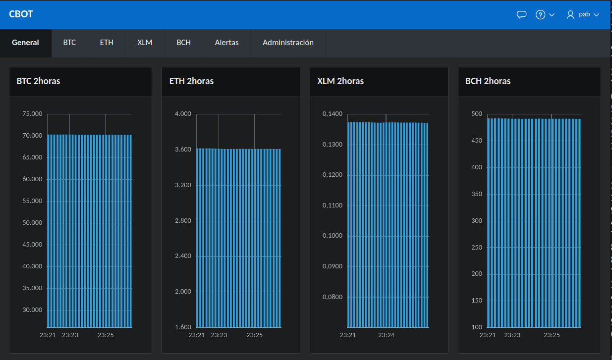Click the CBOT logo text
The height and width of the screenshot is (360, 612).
coord(21,14)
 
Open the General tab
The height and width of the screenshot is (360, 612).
coord(25,43)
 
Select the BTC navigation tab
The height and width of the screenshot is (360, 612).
coord(69,43)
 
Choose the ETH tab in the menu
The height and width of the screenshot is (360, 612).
coord(107,43)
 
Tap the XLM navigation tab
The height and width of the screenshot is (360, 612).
coord(145,43)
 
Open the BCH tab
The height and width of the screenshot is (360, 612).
coord(183,43)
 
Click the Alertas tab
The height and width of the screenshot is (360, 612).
coord(226,43)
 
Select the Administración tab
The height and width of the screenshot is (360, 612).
coord(288,43)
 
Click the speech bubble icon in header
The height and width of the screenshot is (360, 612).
coord(521,14)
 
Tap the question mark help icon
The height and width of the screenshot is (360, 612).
coord(541,14)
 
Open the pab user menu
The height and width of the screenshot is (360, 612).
coord(583,14)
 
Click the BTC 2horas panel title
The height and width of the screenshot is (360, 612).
coord(38,81)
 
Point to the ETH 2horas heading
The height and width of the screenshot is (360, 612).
coord(191,81)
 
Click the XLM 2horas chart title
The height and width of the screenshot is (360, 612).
coord(340,81)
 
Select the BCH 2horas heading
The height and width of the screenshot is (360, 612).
coord(488,81)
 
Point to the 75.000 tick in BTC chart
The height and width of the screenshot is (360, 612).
coord(32,114)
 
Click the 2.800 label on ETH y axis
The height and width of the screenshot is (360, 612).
coord(183,220)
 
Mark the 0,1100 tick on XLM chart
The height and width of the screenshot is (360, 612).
coord(332,205)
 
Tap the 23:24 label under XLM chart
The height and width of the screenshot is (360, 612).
coord(386,335)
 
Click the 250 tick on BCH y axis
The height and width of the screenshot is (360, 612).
coord(476,247)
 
